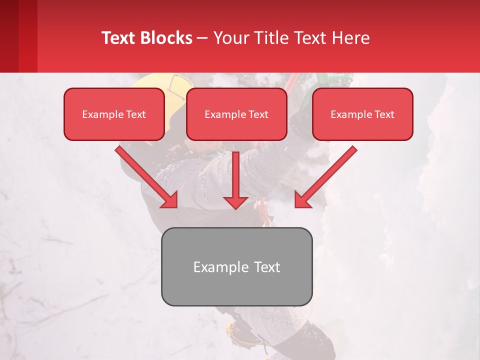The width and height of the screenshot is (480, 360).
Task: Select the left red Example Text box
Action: [114, 114]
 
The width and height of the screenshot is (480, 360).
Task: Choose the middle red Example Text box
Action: [236, 114]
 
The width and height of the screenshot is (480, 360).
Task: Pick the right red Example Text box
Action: [362, 114]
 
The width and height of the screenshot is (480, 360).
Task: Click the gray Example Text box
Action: [236, 266]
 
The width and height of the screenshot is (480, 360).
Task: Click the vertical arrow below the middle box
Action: [236, 180]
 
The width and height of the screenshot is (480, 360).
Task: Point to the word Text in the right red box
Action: [384, 114]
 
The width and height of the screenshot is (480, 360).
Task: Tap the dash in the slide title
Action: [202, 38]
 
